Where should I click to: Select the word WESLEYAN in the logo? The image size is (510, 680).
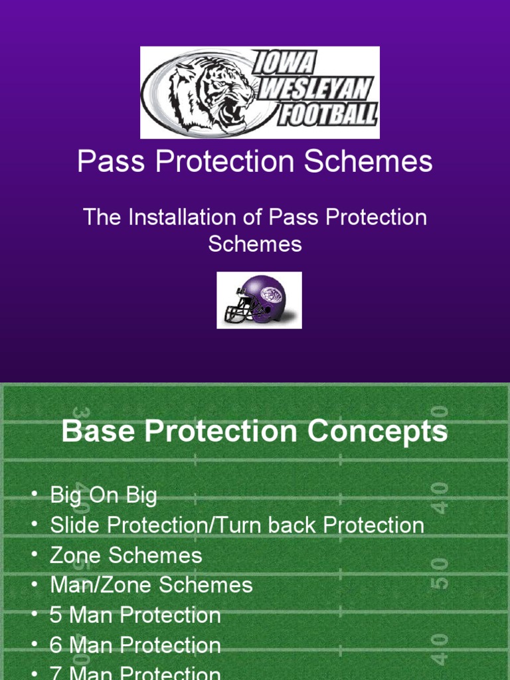(315, 89)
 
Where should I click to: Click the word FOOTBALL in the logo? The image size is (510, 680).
(327, 115)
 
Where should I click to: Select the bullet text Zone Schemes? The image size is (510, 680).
(126, 555)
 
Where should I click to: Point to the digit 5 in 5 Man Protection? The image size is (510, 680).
(56, 616)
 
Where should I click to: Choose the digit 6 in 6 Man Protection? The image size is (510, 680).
(56, 645)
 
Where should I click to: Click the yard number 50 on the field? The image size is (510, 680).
(439, 572)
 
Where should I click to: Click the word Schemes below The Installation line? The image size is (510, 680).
(255, 244)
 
